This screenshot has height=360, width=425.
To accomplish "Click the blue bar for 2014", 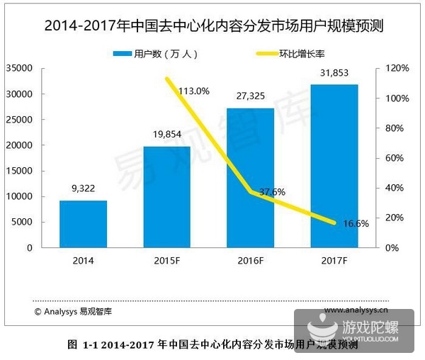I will coord(83,224).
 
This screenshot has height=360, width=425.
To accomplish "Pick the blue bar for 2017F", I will coord(334,166).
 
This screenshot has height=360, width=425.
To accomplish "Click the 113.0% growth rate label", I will coord(194,91).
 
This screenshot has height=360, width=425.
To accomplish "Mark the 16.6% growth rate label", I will coord(356,224).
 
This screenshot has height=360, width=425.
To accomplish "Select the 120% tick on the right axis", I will coord(399,68).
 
